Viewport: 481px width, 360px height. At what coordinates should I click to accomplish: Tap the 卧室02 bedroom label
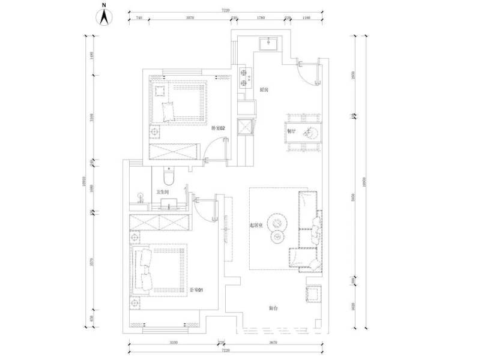(x=217, y=128)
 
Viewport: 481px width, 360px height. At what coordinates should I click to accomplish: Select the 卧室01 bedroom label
(x=196, y=290)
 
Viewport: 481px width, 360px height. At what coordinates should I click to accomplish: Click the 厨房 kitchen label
(x=264, y=89)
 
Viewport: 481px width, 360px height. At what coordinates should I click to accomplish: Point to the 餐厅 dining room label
(x=291, y=130)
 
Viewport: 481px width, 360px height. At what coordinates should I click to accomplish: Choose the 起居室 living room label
(x=257, y=226)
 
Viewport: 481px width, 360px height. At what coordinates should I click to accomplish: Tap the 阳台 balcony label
(x=273, y=308)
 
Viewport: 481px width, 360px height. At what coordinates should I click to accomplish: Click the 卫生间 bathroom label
(x=163, y=193)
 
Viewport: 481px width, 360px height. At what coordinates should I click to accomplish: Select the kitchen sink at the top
(x=267, y=43)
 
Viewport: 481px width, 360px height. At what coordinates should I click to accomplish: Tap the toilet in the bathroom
(x=169, y=176)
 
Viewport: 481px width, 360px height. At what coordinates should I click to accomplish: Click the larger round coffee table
(x=279, y=222)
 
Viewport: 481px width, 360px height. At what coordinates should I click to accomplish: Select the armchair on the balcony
(x=315, y=294)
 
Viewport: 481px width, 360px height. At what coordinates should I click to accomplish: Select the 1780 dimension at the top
(x=261, y=19)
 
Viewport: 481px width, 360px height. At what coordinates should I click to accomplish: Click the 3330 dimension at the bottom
(x=174, y=342)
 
